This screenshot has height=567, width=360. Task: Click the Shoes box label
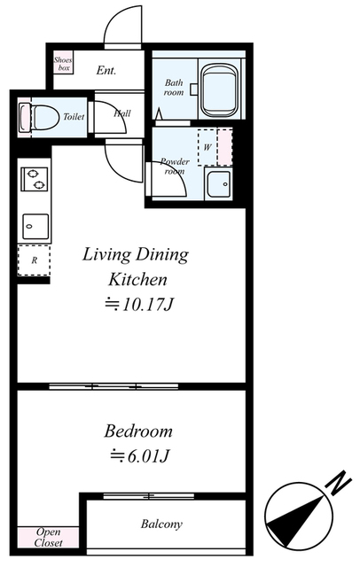point(63,64)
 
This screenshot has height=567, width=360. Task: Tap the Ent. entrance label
point(106,70)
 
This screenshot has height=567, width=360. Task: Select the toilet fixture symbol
point(39,117)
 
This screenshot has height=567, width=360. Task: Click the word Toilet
point(74,116)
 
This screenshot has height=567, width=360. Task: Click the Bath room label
point(174,87)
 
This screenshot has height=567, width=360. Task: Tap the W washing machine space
point(207,147)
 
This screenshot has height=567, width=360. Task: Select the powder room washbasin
point(218,183)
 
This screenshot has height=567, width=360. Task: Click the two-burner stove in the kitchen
point(35,179)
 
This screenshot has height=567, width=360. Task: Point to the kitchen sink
point(35,227)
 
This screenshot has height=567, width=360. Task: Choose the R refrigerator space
point(34,260)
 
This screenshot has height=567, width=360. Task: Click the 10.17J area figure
point(139,305)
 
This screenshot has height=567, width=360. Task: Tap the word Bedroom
point(138,431)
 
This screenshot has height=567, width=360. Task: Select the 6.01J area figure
point(140,456)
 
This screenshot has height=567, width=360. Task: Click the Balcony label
point(161,524)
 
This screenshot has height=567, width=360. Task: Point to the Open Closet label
point(48,538)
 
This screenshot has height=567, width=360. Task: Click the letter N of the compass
point(339,482)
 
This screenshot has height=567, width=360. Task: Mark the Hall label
point(122,113)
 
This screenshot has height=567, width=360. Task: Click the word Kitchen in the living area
point(137,280)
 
